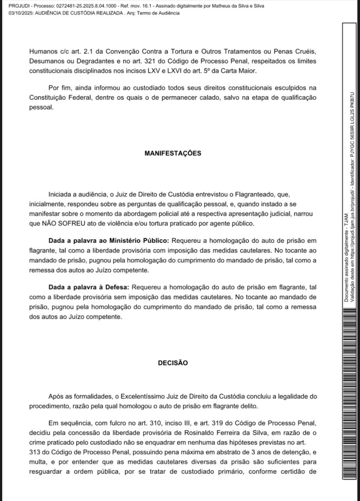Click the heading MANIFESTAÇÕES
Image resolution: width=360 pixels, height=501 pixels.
173,153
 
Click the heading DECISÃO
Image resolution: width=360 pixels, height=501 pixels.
173,363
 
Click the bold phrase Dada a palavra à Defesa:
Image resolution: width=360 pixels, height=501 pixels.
89,287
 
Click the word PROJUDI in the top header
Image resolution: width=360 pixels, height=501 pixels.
18,6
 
